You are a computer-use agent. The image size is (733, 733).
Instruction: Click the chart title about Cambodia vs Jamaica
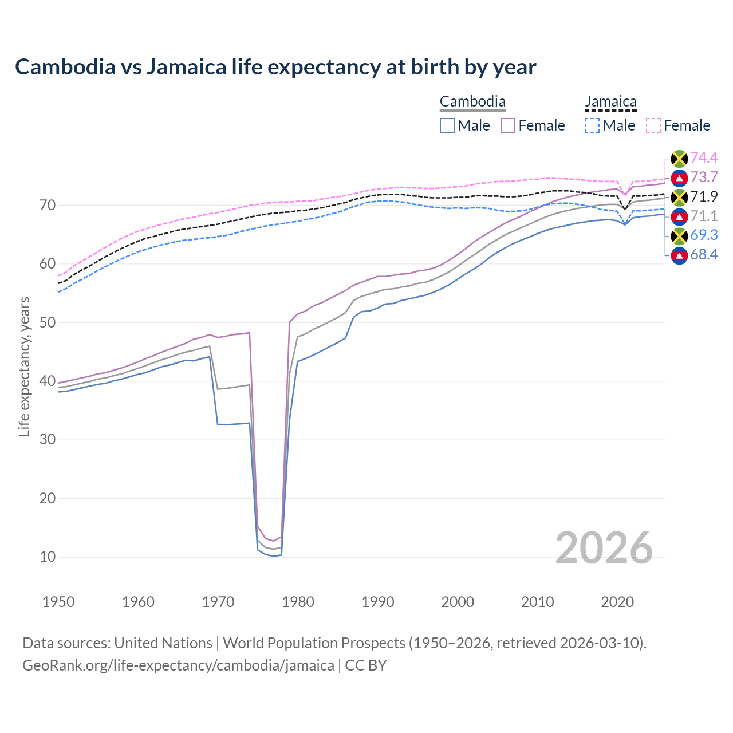(275, 67)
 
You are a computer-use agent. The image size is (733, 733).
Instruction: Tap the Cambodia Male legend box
(447, 125)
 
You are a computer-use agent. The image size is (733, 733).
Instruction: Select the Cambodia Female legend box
(508, 125)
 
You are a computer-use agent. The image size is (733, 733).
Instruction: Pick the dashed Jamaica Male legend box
(592, 125)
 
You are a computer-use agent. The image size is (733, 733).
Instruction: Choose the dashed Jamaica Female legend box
(653, 125)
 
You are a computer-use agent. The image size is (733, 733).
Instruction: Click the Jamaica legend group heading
(610, 102)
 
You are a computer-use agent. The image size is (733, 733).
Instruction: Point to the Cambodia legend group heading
(472, 102)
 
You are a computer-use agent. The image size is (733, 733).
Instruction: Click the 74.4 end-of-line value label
(704, 158)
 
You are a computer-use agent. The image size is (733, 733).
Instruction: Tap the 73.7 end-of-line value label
(704, 178)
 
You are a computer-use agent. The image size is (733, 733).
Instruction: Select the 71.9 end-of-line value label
(704, 197)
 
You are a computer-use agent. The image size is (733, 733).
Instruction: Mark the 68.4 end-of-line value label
(704, 255)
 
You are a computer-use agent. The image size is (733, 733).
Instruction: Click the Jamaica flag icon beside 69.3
(679, 235)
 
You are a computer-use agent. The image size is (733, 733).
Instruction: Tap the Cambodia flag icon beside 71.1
(679, 216)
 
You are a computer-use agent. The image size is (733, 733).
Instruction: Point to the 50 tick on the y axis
(48, 322)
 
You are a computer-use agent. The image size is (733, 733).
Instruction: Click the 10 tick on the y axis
(48, 557)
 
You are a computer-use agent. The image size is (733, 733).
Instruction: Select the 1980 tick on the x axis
(298, 602)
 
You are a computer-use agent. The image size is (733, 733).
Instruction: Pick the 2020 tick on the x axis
(617, 602)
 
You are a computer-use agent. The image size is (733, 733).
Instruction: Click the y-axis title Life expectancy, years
(24, 366)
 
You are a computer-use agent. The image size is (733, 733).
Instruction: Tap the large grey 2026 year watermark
(604, 548)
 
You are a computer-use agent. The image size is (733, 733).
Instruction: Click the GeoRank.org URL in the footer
(178, 665)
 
